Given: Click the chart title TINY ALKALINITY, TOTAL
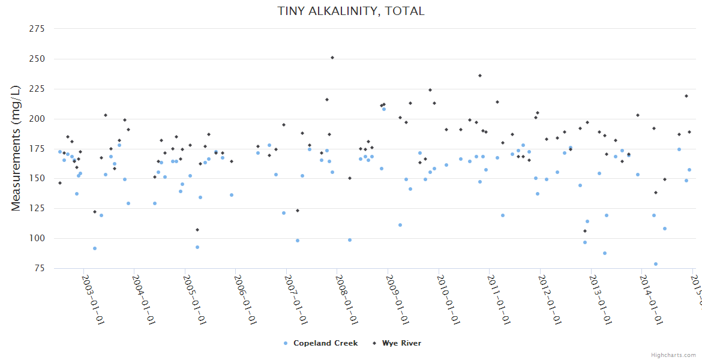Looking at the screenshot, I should tap(350, 11).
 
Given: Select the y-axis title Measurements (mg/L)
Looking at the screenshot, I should tap(16, 148).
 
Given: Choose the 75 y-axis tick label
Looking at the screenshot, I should tap(41, 268).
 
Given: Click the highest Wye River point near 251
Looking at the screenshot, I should tap(332, 58).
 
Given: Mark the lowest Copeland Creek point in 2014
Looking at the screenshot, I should tap(656, 264).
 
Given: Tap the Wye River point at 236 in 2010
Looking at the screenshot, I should tap(480, 76).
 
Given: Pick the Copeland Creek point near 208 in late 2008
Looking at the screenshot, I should tap(384, 109).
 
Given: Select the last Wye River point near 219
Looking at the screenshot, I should tap(686, 96).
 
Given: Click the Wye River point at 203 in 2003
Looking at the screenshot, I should tap(106, 115).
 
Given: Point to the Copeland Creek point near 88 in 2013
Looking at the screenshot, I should tap(605, 253).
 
